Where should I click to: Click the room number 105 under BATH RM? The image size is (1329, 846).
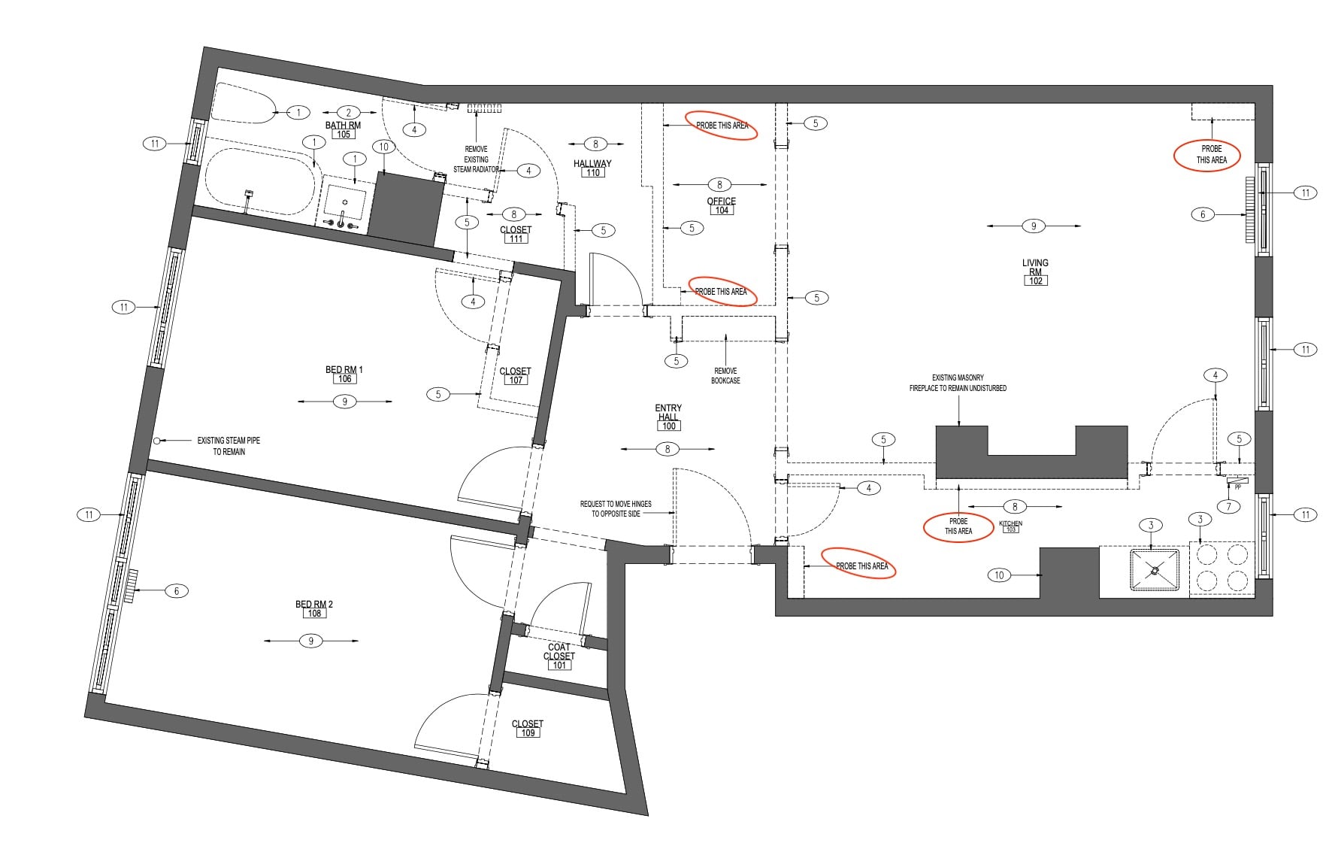(x=343, y=135)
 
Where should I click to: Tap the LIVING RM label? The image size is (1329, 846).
(x=1035, y=267)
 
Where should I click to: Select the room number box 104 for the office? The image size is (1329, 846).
(x=722, y=211)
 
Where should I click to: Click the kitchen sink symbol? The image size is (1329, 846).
(x=1155, y=572)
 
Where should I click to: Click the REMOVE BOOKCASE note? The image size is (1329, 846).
(x=725, y=375)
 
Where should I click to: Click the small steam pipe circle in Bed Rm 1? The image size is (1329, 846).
(x=156, y=441)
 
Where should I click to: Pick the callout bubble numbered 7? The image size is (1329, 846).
(x=1229, y=506)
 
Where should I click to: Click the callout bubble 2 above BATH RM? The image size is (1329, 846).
(x=349, y=113)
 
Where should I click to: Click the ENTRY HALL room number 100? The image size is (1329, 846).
(x=668, y=426)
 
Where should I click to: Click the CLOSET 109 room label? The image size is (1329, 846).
(x=528, y=728)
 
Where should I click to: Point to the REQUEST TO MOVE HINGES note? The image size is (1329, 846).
(x=616, y=508)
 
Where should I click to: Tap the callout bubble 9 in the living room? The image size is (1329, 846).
(x=1034, y=226)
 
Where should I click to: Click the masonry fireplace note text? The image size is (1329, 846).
(x=958, y=383)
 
